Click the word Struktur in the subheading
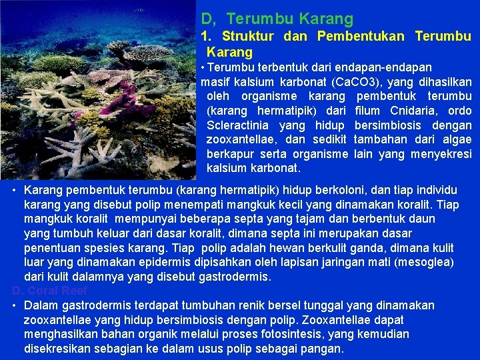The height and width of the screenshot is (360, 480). pyautogui.click(x=249, y=36)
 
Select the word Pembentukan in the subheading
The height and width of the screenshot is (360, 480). pyautogui.click(x=361, y=36)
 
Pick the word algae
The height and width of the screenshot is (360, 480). pyautogui.click(x=457, y=139)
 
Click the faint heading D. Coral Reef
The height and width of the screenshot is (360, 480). pyautogui.click(x=49, y=291)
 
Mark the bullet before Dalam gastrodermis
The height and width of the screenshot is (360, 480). pyautogui.click(x=15, y=305)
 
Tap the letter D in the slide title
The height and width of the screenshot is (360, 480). pyautogui.click(x=206, y=19)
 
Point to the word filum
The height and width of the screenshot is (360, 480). pyautogui.click(x=368, y=111)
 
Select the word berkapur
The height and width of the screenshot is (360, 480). pyautogui.click(x=231, y=153)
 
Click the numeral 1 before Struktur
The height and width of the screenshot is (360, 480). pyautogui.click(x=206, y=36)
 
